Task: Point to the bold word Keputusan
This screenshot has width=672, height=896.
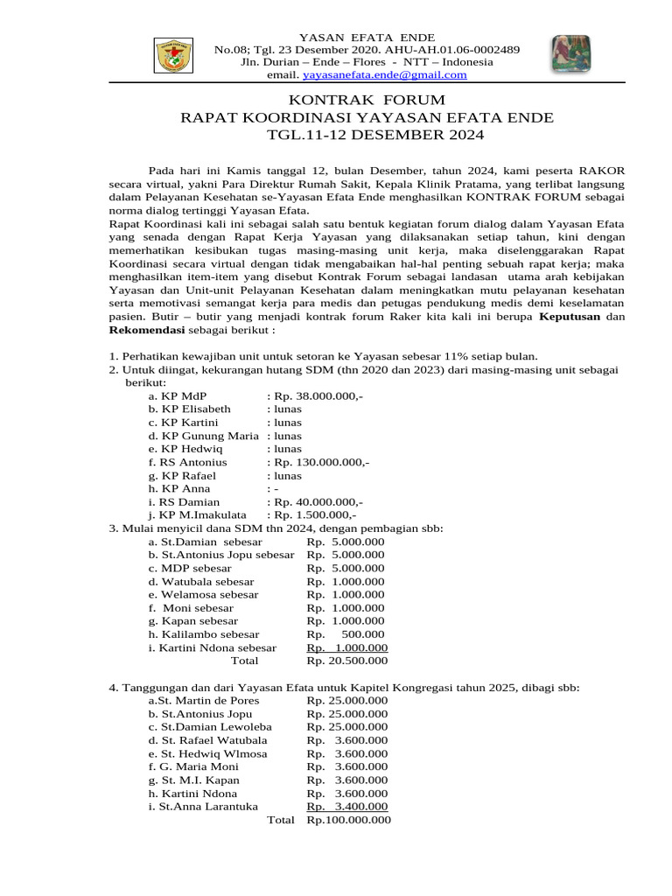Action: tap(570, 318)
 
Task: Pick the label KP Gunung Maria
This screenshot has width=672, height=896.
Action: tap(204, 436)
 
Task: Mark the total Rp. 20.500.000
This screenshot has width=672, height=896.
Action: tap(346, 661)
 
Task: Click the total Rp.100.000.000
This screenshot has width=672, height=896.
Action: tap(348, 820)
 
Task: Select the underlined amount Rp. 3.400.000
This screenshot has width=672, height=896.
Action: tap(346, 806)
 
